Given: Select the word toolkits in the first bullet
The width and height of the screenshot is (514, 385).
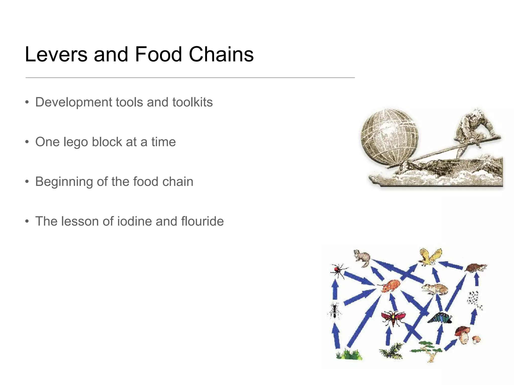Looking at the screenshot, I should point(192,102).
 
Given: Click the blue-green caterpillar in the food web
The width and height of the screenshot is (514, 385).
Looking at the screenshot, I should point(439,318).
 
